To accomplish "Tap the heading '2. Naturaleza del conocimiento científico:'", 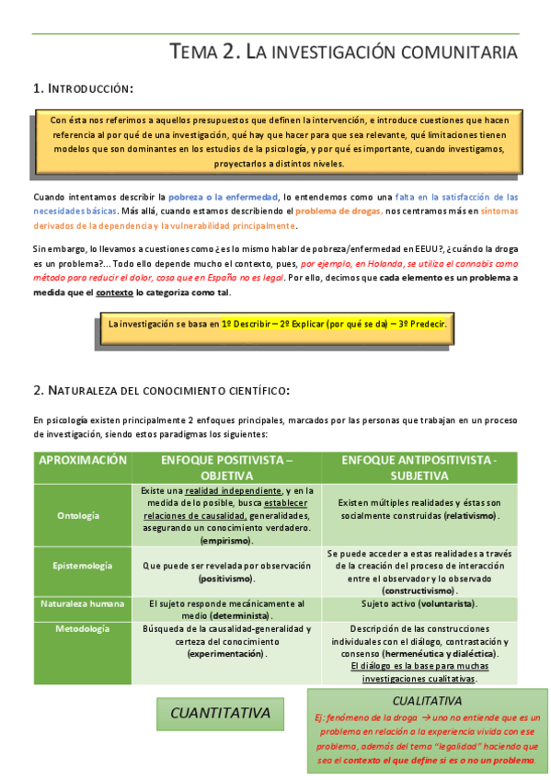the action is point(161,391).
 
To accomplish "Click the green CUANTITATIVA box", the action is point(220,713).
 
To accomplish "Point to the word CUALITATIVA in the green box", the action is point(426,702).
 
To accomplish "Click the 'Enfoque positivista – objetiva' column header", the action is point(226,467).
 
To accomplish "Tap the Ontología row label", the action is point(78,515).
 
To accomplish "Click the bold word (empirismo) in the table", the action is point(226,541).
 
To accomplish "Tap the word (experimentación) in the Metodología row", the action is point(226,654).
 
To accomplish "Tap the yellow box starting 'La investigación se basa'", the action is point(277,324).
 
